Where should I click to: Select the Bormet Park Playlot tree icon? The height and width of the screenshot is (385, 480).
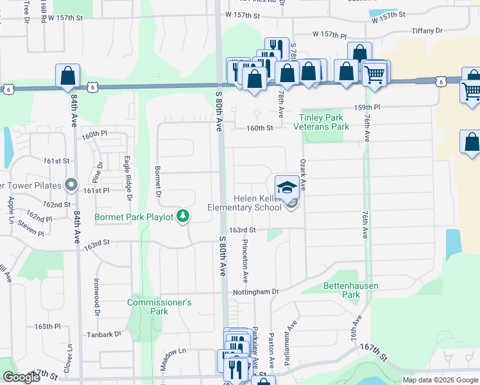coord(184,216)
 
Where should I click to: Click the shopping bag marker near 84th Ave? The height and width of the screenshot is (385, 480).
coord(67,76)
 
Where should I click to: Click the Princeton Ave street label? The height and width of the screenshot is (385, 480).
coord(245,261)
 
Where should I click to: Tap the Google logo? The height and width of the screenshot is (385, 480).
coord(21,377)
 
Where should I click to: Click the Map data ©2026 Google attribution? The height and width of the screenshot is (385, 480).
coord(440,380)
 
